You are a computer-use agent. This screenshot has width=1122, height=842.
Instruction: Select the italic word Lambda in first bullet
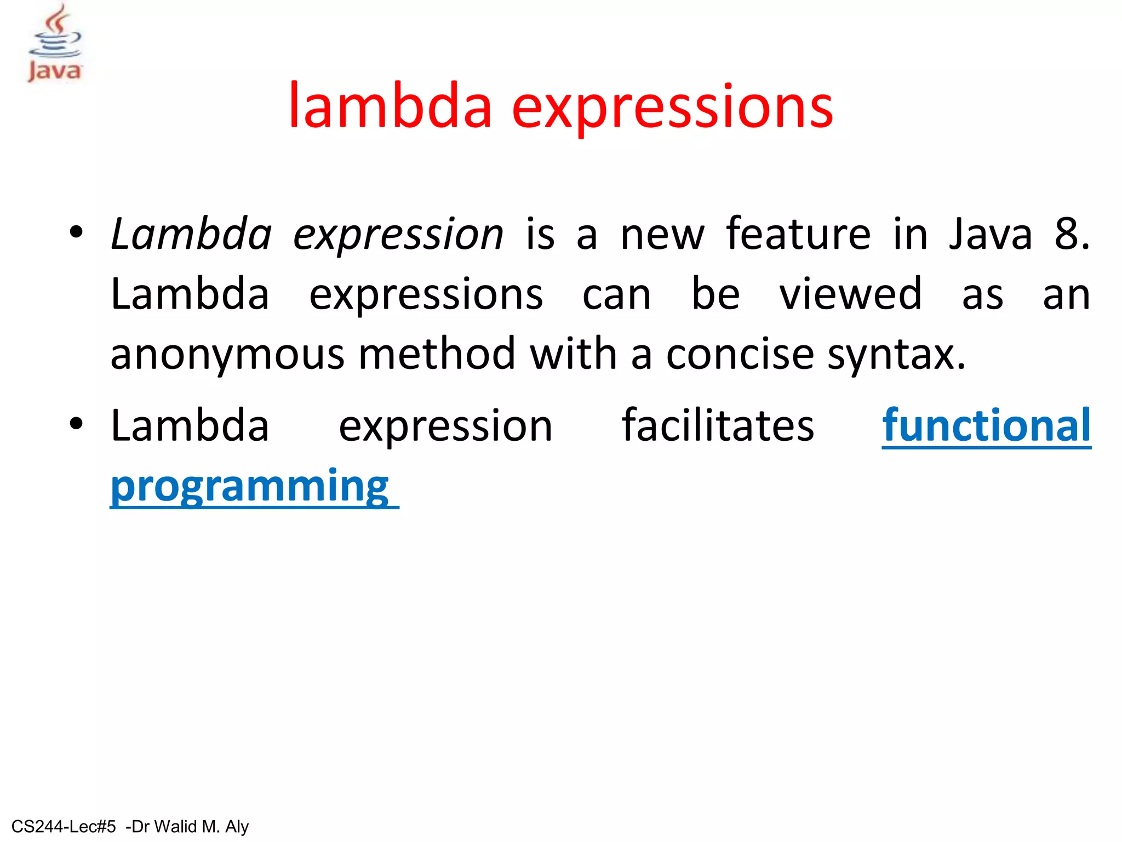coord(191,234)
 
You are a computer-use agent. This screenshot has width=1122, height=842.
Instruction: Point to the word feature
coord(798,234)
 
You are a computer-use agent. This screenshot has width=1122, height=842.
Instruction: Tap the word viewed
coord(851,294)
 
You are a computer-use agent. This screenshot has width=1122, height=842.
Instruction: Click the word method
coord(437,354)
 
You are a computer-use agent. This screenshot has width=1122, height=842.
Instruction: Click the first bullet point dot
coord(76,232)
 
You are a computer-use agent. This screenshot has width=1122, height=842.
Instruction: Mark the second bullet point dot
coord(76,423)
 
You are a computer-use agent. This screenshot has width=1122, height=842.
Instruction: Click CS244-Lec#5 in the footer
coord(64,826)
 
